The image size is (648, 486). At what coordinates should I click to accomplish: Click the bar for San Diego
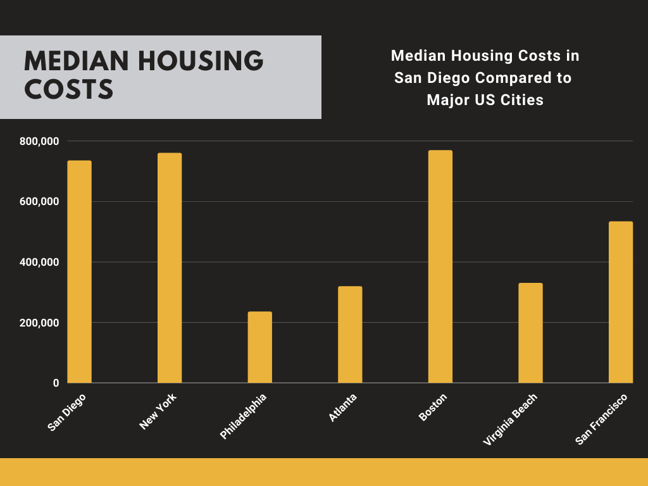pyautogui.click(x=80, y=272)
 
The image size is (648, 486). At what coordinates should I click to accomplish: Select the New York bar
pyautogui.click(x=170, y=268)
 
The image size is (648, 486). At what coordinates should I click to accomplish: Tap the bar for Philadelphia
pyautogui.click(x=259, y=347)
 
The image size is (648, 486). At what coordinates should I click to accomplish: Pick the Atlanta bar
pyautogui.click(x=350, y=335)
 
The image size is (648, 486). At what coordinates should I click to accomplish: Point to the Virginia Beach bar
pyautogui.click(x=530, y=333)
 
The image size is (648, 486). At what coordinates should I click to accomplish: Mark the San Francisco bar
pyautogui.click(x=621, y=302)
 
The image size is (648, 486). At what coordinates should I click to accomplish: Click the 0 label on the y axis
pyautogui.click(x=56, y=383)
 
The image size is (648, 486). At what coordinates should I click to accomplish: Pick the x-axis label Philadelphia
pyautogui.click(x=244, y=416)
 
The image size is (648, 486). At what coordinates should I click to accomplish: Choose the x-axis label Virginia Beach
pyautogui.click(x=510, y=420)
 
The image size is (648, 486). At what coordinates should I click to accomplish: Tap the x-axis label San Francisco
pyautogui.click(x=601, y=419)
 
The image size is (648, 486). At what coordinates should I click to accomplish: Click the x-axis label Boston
pyautogui.click(x=433, y=408)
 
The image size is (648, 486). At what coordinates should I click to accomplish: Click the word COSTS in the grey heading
pyautogui.click(x=69, y=90)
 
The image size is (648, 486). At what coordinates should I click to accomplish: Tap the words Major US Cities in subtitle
pyautogui.click(x=485, y=100)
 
